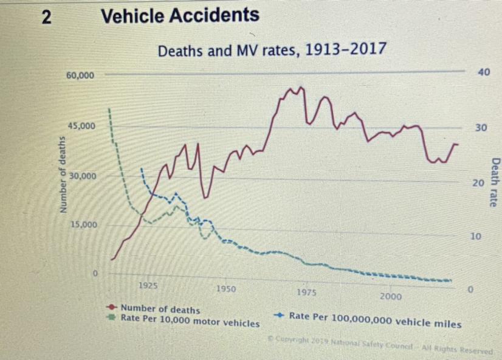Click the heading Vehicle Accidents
tap(180, 16)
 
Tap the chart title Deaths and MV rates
tap(271, 50)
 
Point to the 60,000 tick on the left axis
tap(80, 76)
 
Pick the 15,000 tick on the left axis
tap(83, 224)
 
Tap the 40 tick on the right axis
tap(483, 72)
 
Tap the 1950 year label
tap(226, 289)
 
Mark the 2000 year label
tap(390, 296)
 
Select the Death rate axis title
tap(495, 182)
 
